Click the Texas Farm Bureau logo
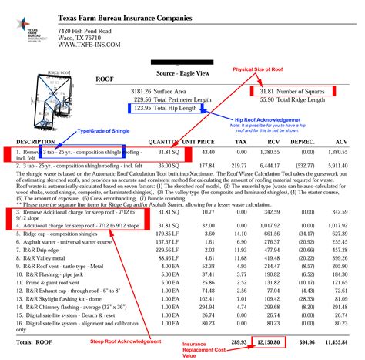pyautogui.click(x=29, y=23)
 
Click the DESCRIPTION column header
pyautogui.click(x=35, y=142)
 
